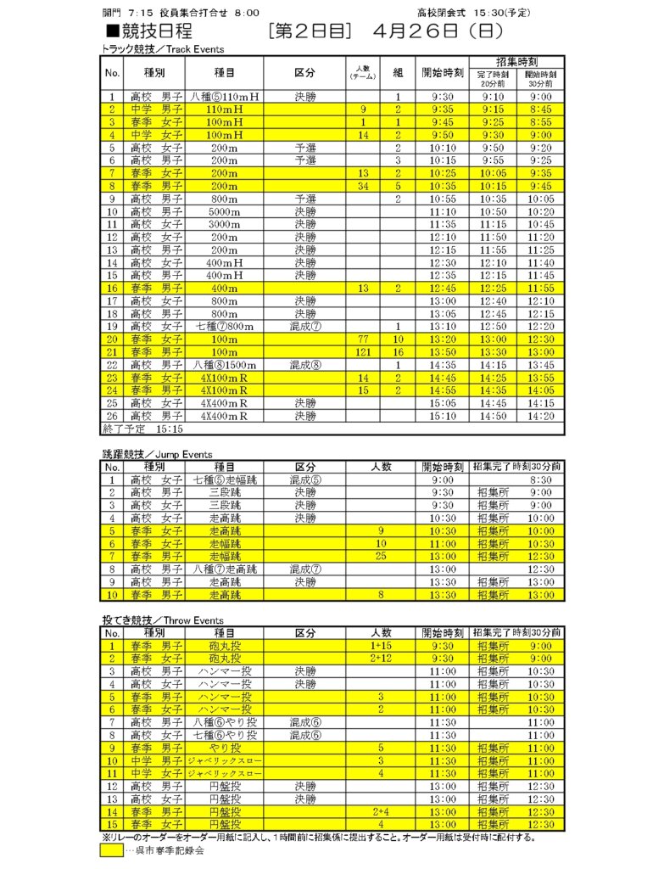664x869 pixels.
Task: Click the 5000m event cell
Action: click(x=225, y=211)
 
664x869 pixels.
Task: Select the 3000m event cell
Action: click(x=225, y=224)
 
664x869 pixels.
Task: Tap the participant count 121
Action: click(x=363, y=351)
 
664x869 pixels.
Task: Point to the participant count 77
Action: click(x=363, y=339)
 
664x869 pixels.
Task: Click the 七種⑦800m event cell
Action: click(x=225, y=326)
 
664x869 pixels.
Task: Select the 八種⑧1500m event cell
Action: click(x=225, y=365)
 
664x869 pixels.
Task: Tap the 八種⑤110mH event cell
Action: click(x=225, y=97)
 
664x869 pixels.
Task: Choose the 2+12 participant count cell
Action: click(x=381, y=659)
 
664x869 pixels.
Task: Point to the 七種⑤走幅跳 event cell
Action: click(x=225, y=479)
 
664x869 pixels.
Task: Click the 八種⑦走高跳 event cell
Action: click(x=225, y=569)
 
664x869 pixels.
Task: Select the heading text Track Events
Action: click(x=195, y=49)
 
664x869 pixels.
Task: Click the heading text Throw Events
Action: click(x=193, y=621)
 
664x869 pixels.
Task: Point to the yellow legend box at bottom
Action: click(x=112, y=851)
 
